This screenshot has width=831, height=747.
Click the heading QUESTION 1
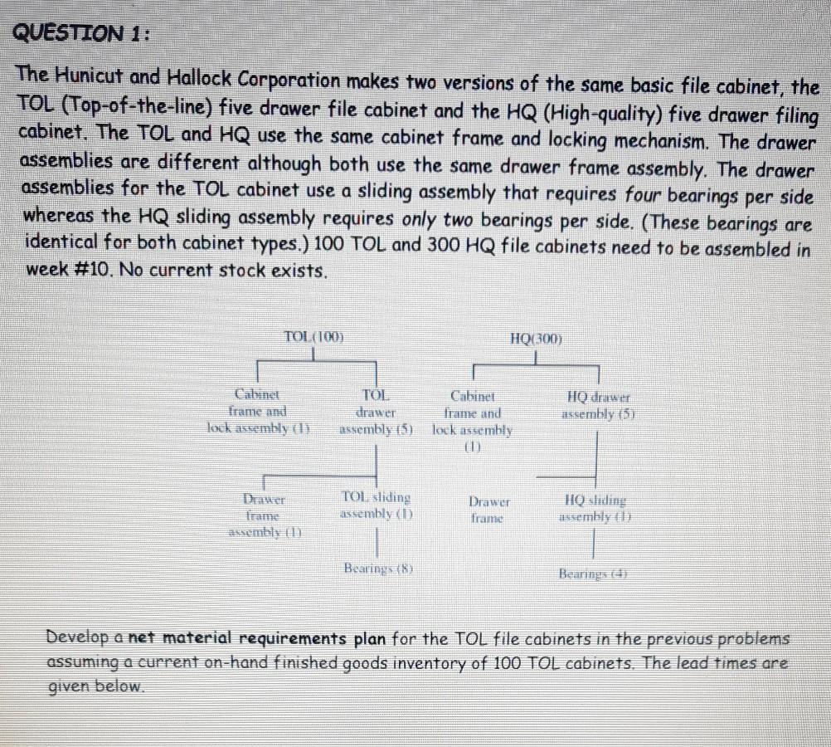tap(82, 34)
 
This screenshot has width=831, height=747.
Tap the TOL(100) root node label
tap(314, 336)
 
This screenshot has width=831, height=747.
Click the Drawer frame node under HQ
tap(489, 509)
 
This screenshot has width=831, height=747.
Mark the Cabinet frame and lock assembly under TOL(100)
tap(258, 411)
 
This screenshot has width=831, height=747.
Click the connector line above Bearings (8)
tap(378, 545)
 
